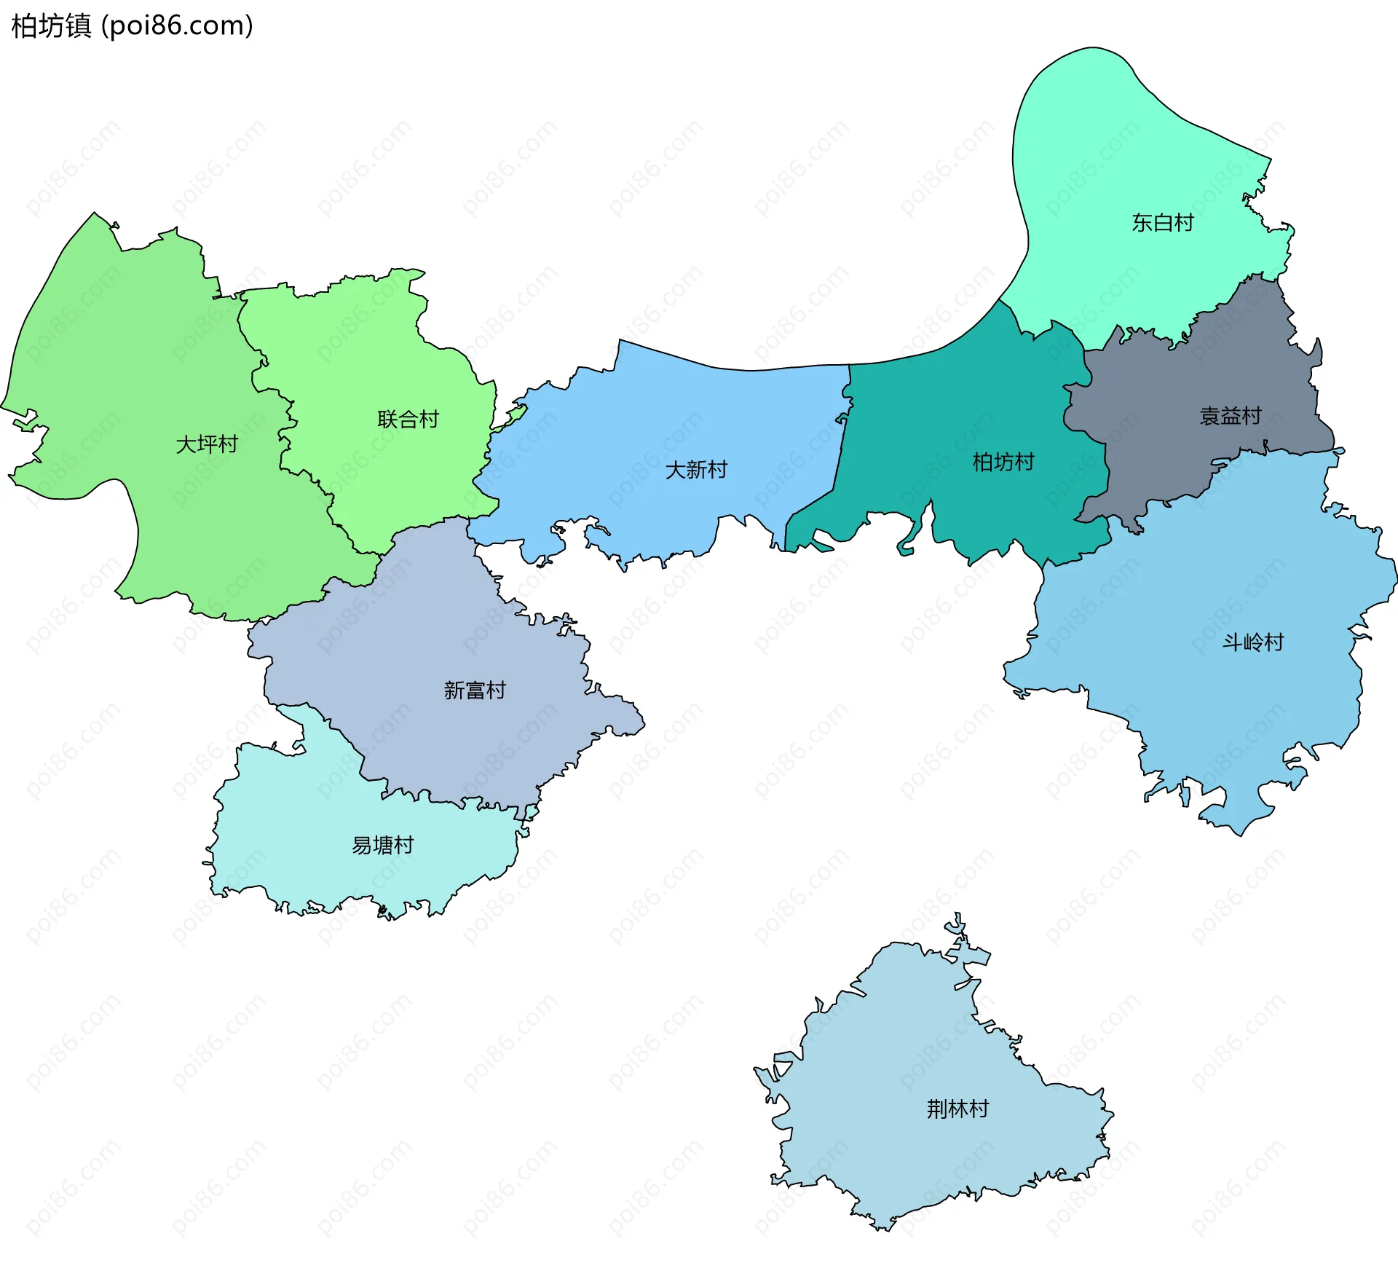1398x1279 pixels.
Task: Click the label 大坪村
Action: pos(207,444)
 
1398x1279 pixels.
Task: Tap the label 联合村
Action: pos(408,419)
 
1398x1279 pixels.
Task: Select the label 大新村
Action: pos(696,469)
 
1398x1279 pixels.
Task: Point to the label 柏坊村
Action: pos(1003,461)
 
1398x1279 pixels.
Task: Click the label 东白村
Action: pos(1162,222)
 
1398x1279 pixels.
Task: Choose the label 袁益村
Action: pos(1230,416)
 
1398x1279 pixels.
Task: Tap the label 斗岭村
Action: pos(1252,642)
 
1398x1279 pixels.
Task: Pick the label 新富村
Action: pos(474,690)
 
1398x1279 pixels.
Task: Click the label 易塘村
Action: pos(382,845)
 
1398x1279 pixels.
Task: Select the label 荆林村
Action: pos(957,1109)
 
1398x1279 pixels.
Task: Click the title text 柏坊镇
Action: pos(51,25)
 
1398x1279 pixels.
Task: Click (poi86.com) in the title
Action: pos(177,25)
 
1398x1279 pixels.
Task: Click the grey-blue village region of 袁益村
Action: pos(1180,452)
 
